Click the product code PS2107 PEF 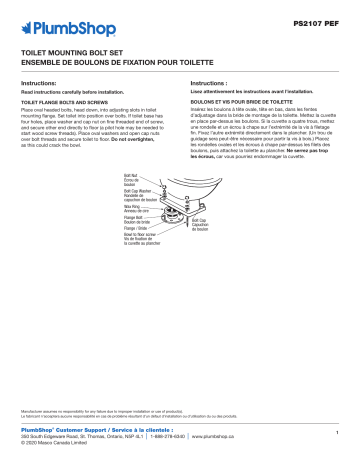(x=319, y=18)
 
